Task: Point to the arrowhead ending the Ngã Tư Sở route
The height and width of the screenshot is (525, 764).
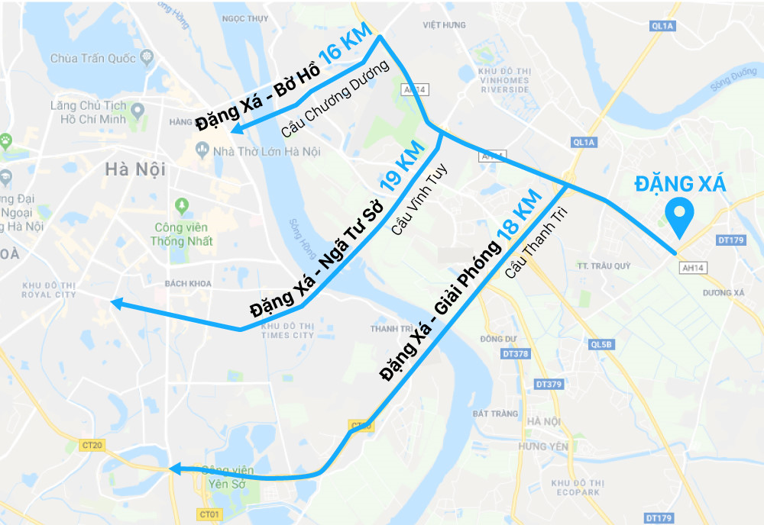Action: (x=116, y=304)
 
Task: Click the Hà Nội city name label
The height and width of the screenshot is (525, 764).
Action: (x=135, y=169)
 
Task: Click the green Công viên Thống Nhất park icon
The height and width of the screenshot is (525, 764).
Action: (x=182, y=205)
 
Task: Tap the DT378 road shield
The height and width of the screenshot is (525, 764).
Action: (x=516, y=354)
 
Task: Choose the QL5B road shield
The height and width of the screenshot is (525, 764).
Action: (x=602, y=344)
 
